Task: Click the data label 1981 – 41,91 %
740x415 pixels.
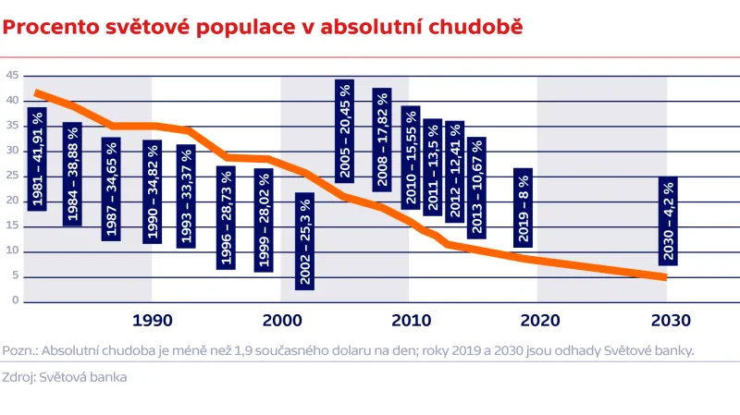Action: (x=37, y=158)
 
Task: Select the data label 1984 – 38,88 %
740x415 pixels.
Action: (x=73, y=174)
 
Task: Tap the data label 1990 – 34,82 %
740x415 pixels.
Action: (x=153, y=191)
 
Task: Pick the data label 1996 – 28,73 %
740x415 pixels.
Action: (x=227, y=217)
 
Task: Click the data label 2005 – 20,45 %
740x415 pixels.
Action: (x=345, y=130)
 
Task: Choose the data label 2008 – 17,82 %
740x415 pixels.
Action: (x=381, y=140)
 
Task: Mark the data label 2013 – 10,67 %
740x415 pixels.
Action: (x=476, y=188)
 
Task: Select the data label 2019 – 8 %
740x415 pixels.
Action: (x=523, y=208)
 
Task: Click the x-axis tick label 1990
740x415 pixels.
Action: (x=153, y=322)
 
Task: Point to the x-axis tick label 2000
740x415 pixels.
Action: (x=281, y=322)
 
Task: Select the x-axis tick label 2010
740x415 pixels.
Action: (x=409, y=322)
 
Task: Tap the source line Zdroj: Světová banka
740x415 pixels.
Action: (x=65, y=377)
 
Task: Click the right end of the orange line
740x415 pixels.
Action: (x=664, y=276)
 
